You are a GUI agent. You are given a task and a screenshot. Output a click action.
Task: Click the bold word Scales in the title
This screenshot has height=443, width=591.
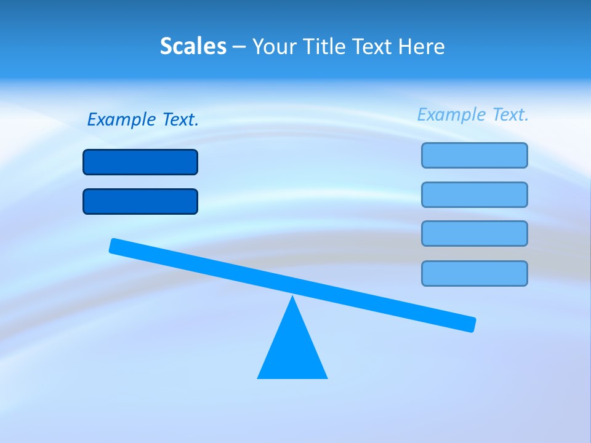[x=193, y=46]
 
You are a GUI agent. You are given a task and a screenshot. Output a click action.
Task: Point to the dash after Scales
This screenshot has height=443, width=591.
[x=239, y=47]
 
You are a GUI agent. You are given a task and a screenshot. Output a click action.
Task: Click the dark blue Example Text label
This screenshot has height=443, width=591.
[x=143, y=119]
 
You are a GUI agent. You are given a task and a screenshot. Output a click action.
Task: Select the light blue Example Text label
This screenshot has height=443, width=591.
[x=473, y=114]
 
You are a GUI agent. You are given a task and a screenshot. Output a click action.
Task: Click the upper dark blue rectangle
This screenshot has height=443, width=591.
[x=140, y=162]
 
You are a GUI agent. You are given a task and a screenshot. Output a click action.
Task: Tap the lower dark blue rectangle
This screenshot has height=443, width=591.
[x=140, y=201]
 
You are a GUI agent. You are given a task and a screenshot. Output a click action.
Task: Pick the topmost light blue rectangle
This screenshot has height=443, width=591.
[x=474, y=155]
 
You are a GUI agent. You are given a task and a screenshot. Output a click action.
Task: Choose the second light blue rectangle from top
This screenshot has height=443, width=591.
[x=474, y=194]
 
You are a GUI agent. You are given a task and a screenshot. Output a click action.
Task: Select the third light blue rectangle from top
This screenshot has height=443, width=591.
[x=474, y=233]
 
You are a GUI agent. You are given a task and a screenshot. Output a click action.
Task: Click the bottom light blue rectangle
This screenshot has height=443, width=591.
[x=474, y=273]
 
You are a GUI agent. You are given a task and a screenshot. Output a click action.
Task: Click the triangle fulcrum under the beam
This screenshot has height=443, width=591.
[x=292, y=351]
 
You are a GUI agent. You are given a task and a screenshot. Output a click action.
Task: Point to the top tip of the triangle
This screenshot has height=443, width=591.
[x=292, y=298]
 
